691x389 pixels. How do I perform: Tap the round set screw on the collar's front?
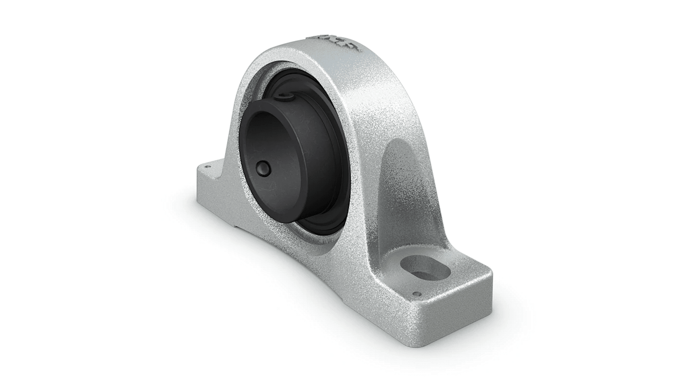point(263,168)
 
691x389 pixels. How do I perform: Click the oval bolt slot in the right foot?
point(425,268)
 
